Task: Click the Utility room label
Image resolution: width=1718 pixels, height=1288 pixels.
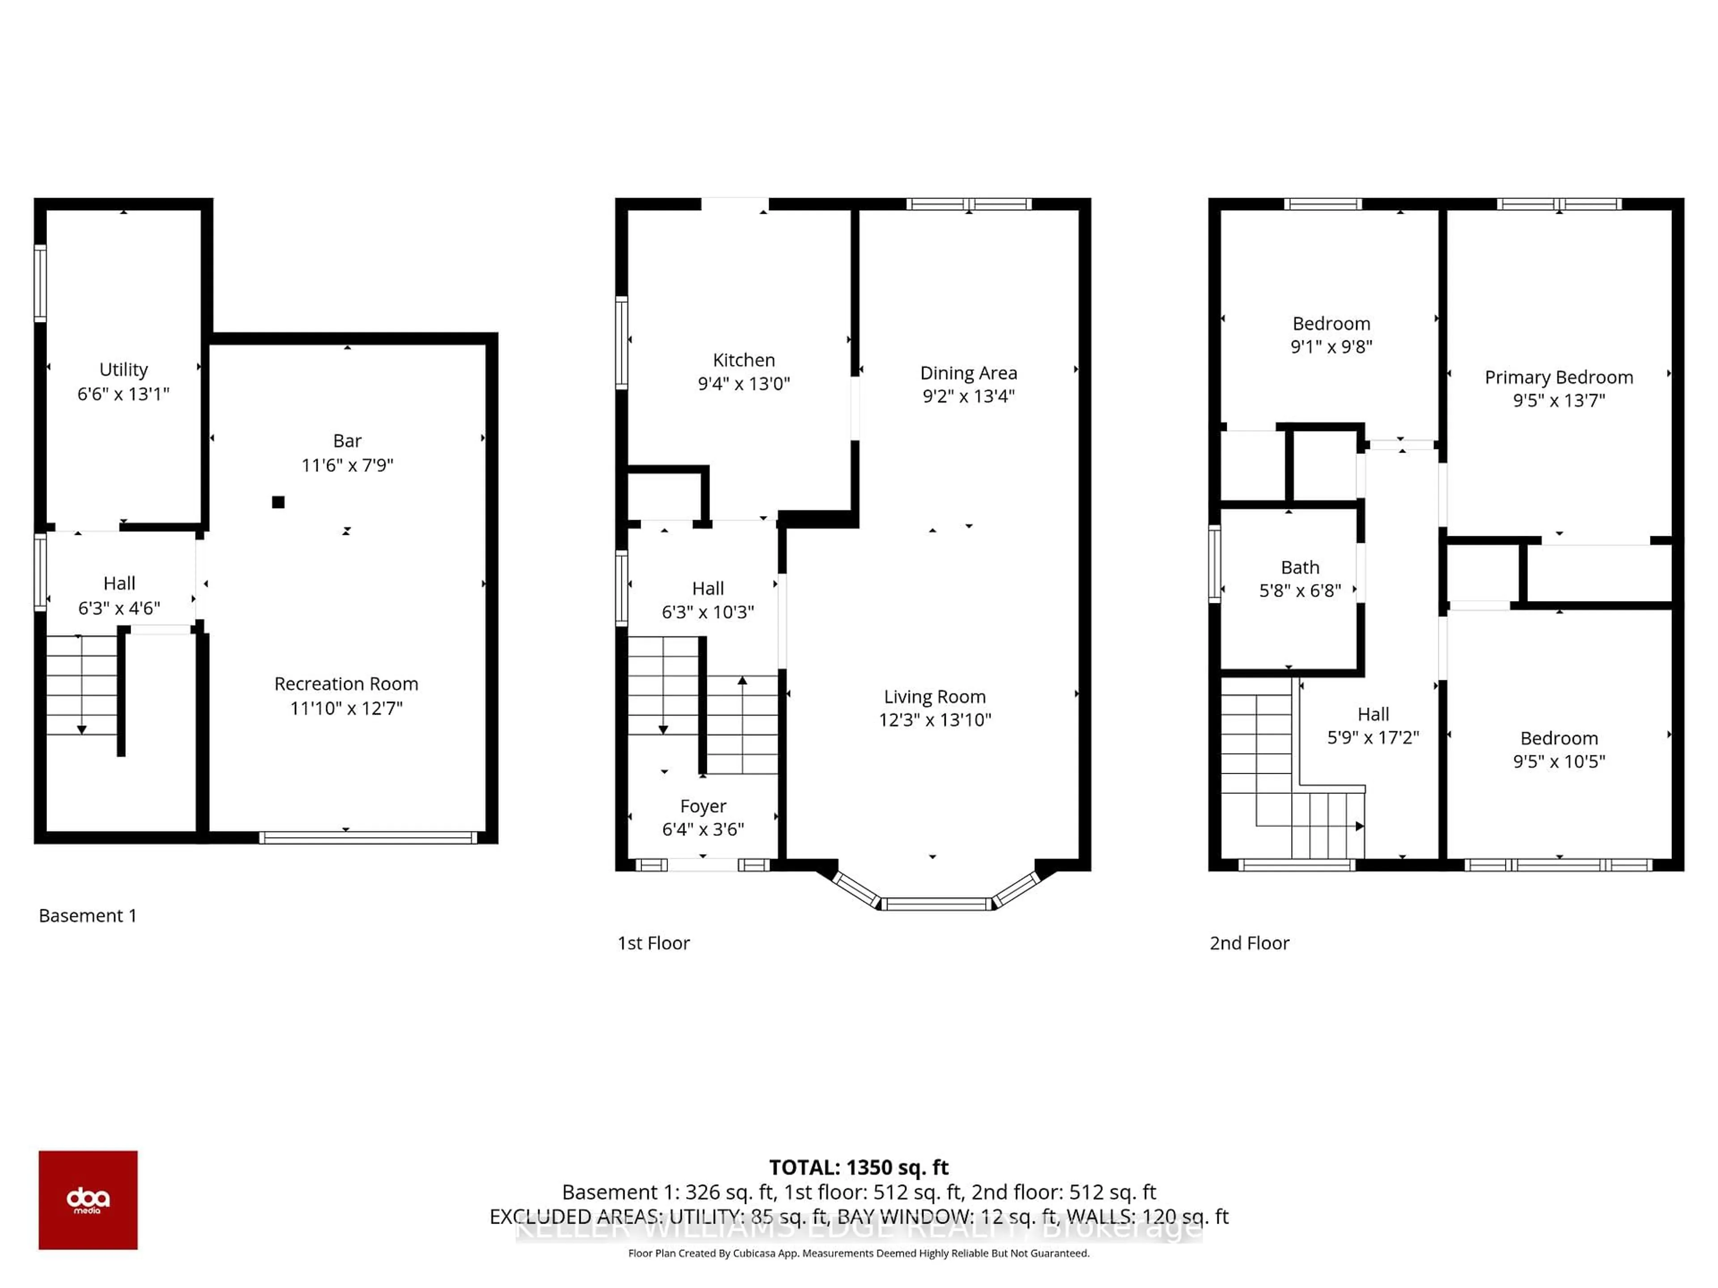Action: coord(123,369)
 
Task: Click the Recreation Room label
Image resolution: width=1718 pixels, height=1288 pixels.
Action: coord(346,684)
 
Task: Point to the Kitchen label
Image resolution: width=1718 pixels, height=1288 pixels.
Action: coord(743,360)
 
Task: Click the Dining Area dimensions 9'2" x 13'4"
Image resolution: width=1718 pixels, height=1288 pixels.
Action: coord(969,396)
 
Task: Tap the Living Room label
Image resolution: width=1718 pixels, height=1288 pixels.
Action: coord(934,696)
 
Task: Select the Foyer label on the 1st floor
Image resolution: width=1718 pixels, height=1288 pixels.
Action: coord(703,806)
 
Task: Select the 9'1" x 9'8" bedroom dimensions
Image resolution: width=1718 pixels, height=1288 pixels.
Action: coord(1331,347)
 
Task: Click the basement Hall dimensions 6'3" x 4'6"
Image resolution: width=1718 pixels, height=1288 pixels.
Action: coord(119,608)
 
